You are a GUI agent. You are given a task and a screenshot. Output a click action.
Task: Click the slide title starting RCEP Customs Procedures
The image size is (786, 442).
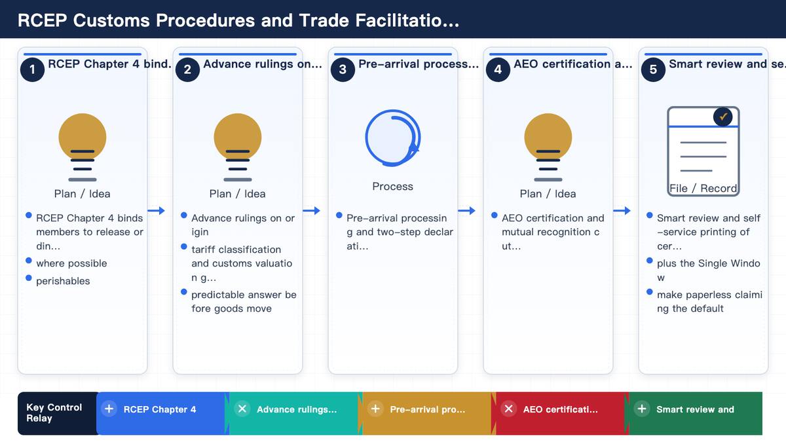[x=238, y=20]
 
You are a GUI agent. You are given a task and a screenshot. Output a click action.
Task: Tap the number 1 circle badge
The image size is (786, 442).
[x=32, y=69]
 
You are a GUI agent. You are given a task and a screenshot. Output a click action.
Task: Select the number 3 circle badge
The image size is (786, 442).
[x=343, y=69]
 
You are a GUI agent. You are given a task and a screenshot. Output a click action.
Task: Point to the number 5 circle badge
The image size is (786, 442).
[x=654, y=69]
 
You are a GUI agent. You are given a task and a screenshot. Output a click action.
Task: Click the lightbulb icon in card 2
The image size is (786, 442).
[x=238, y=147]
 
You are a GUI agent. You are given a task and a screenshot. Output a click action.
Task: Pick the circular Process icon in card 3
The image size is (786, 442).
[x=393, y=138]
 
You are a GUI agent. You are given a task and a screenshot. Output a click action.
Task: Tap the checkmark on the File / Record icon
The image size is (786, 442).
[x=723, y=117]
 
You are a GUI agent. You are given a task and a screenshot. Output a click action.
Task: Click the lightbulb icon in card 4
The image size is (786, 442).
[x=548, y=147]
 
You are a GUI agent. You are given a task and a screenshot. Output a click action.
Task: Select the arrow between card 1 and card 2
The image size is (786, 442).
[x=156, y=210]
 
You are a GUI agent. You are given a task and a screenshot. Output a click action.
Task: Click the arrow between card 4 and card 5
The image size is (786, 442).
[x=622, y=210]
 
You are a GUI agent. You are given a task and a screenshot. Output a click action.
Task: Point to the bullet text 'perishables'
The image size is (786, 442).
[x=63, y=281]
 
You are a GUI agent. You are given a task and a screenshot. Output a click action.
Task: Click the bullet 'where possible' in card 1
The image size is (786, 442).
[x=71, y=263]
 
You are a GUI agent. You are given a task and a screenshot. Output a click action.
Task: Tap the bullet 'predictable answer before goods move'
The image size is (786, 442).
[x=244, y=302]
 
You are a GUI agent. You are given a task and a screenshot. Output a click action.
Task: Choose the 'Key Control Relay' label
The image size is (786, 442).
[x=54, y=413]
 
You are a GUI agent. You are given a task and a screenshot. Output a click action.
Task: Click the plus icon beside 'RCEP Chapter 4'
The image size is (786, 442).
[x=109, y=409]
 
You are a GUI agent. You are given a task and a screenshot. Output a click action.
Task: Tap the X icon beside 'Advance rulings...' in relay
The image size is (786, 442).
[x=242, y=409]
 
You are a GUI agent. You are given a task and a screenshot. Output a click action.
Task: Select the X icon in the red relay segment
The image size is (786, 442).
[x=508, y=409]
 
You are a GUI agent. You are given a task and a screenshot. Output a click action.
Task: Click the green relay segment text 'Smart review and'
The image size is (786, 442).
[x=695, y=409]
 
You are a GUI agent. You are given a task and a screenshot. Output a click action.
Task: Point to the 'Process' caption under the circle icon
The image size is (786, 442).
[x=392, y=186]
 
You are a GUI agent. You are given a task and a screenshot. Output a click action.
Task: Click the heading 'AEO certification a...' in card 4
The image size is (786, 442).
[x=572, y=64]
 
